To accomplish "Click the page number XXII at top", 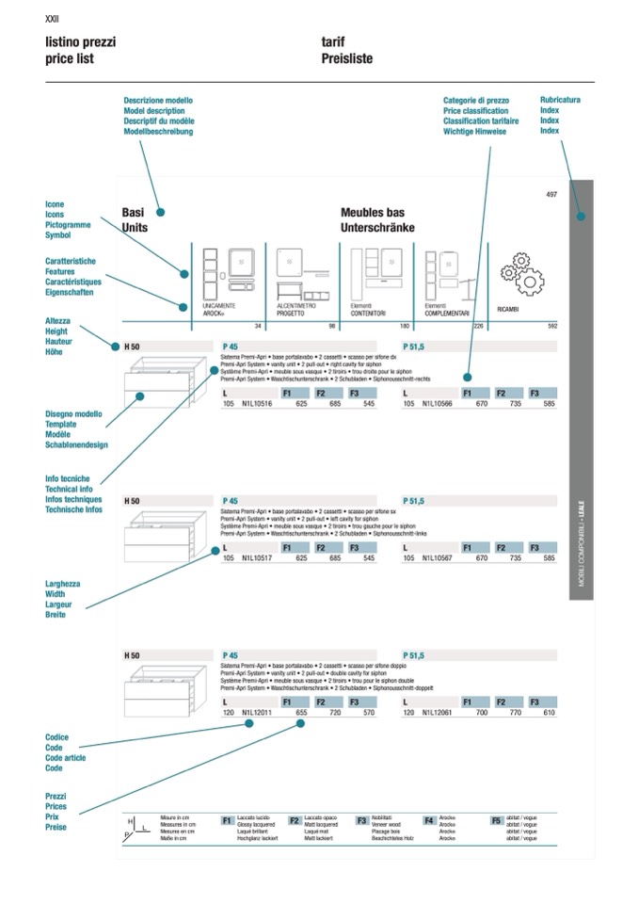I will pyautogui.click(x=52, y=19).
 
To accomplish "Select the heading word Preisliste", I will pyautogui.click(x=346, y=58).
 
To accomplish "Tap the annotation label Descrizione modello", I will pyautogui.click(x=158, y=101).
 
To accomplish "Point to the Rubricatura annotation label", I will pyautogui.click(x=560, y=100).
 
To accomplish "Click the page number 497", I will pyautogui.click(x=551, y=195).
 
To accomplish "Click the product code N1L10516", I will pyautogui.click(x=257, y=404).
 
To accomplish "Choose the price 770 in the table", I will pyautogui.click(x=514, y=713).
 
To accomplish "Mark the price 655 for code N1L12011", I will pyautogui.click(x=301, y=713).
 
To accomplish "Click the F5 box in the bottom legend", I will pyautogui.click(x=496, y=820).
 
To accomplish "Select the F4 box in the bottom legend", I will pyautogui.click(x=429, y=820).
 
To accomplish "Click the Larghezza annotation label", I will pyautogui.click(x=63, y=584).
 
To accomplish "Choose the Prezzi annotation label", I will pyautogui.click(x=56, y=797).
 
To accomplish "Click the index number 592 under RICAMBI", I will pyautogui.click(x=552, y=326).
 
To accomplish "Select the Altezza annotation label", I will pyautogui.click(x=57, y=321).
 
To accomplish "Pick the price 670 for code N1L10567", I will pyautogui.click(x=481, y=558).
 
